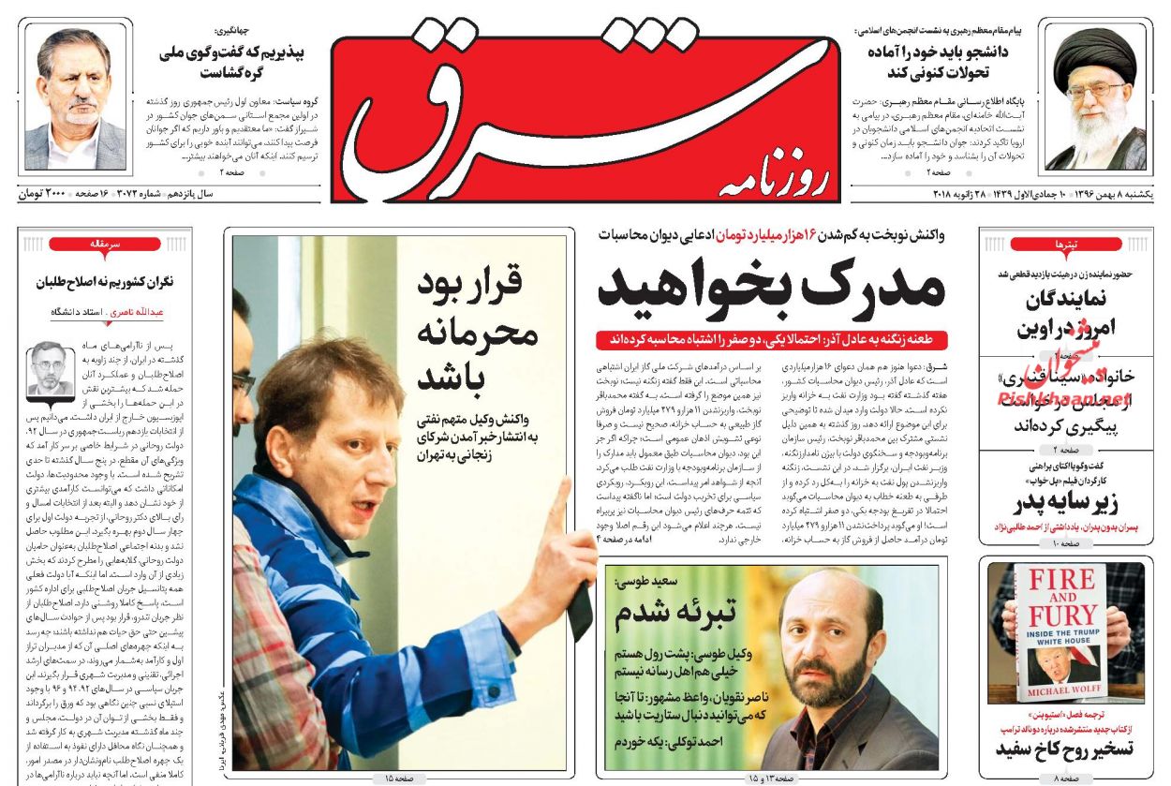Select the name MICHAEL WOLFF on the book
[x=1060, y=691]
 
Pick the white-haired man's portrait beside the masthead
[x=75, y=97]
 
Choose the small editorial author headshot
[x=52, y=368]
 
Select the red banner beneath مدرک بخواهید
[x=772, y=339]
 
